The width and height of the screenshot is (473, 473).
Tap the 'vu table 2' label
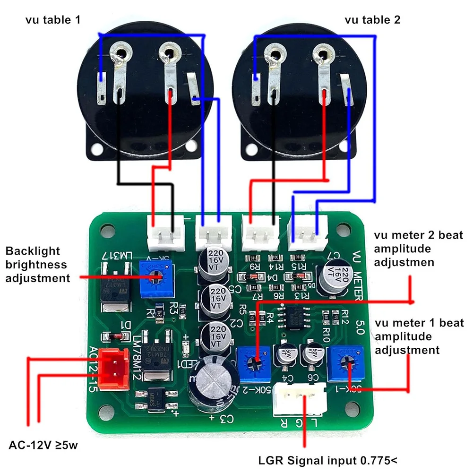(373, 20)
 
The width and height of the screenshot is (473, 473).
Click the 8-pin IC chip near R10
(294, 316)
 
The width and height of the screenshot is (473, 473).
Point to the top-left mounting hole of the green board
(107, 232)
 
